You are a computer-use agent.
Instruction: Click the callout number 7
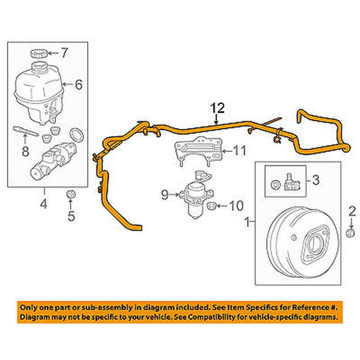click(x=65, y=54)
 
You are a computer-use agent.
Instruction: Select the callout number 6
click(x=79, y=85)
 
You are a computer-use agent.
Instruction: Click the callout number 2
click(x=351, y=211)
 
